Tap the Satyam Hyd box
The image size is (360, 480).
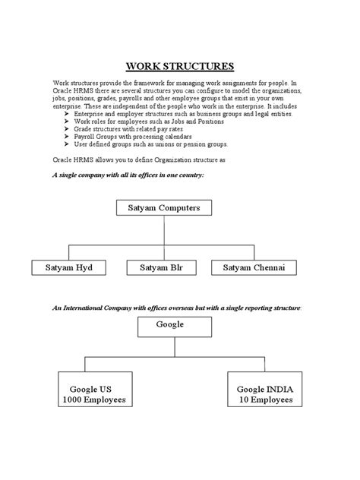(x=68, y=267)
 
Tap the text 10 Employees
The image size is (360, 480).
(x=265, y=399)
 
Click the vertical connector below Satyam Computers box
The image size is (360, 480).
(x=166, y=230)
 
